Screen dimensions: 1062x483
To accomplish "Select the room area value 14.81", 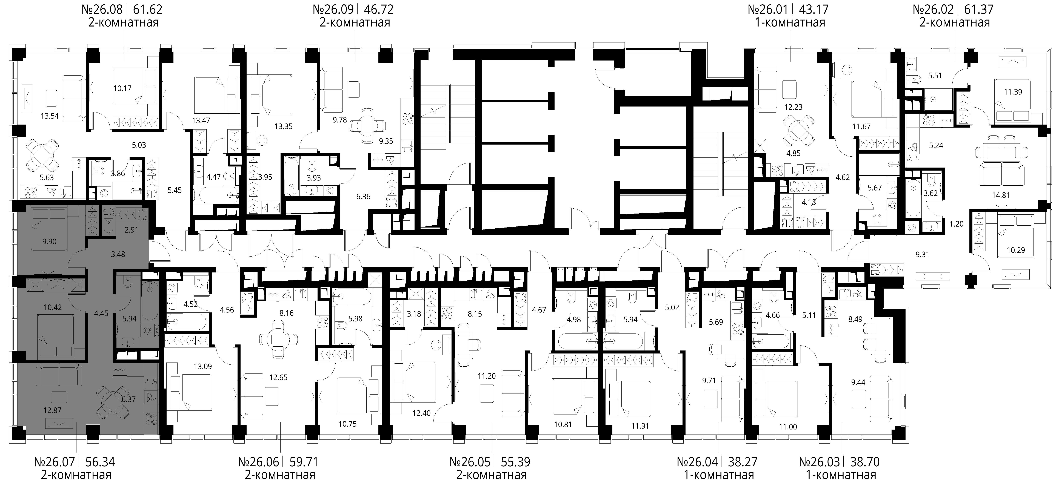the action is [1001, 195].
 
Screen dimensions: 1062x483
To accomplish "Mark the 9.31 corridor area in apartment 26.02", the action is [922, 254].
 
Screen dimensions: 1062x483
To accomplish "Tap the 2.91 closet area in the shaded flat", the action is [132, 230].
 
